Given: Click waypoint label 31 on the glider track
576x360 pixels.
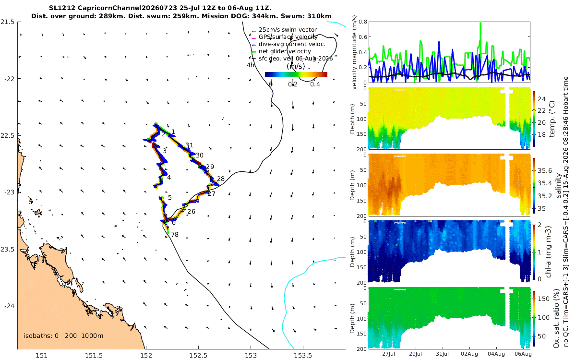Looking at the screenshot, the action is click(189, 145).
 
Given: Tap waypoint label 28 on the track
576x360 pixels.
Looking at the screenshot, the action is click(221, 179).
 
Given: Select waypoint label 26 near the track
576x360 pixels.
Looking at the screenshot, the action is click(191, 211).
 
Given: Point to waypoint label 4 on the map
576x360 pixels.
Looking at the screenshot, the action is click(168, 178).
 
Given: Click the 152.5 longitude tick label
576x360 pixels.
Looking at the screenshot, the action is click(198, 356).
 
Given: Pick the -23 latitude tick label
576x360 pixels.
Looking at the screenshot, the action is click(9, 192).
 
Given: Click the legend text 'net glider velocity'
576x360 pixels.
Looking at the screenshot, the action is click(285, 51).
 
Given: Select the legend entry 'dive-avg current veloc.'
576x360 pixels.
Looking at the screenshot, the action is click(292, 44).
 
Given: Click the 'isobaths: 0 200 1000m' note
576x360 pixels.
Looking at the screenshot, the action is click(63, 336).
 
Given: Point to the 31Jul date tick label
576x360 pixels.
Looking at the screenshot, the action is click(442, 354).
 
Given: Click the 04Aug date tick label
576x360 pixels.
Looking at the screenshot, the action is click(496, 354).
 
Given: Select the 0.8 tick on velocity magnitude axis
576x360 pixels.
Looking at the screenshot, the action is click(363, 22).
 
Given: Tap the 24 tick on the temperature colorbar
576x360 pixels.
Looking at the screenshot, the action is click(542, 99).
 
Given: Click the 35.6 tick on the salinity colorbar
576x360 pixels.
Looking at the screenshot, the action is click(545, 171).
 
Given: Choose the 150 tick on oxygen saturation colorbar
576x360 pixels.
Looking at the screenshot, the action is click(543, 299).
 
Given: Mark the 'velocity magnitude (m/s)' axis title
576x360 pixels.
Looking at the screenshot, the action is click(354, 53).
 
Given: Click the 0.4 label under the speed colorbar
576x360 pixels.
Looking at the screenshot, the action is click(315, 84).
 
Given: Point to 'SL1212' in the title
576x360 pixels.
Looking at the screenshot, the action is click(62, 8).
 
